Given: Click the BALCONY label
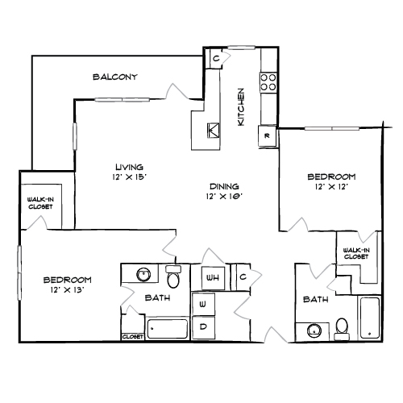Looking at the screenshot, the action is point(115,77).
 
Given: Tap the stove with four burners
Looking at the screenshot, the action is point(268,82).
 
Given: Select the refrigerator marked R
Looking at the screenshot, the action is point(267,136).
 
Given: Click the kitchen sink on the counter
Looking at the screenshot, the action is point(213,131).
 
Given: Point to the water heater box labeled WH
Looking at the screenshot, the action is point(213,278).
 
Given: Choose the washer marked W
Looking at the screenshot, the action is point(203,304).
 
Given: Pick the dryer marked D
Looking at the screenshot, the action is point(203,327).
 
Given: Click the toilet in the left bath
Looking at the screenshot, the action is point(173,276).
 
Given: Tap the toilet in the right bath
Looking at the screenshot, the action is point(342,329).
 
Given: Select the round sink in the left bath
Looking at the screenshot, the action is point(143,274).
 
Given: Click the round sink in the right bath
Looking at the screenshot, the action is point(314,330).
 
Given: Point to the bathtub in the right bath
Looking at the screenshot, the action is point(370,318).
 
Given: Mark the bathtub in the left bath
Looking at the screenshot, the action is point(167,329).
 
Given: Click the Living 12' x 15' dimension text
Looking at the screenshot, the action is point(130,177).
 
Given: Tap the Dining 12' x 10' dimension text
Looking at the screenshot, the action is point(224,197).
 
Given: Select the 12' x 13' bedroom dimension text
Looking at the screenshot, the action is point(68,290).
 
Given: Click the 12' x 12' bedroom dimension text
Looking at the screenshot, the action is point(331,187).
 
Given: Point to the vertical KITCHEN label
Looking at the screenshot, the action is point(241,107).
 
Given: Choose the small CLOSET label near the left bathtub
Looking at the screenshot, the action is point(133,336).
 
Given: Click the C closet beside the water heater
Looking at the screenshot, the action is point(243,276).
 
